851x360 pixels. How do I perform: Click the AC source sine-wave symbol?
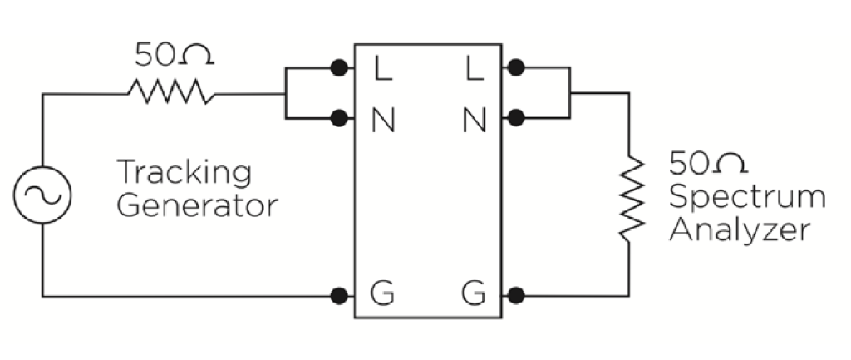[42, 194]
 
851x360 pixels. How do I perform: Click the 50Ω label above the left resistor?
[175, 55]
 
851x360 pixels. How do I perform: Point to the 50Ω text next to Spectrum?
[702, 163]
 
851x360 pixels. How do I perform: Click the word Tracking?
[184, 174]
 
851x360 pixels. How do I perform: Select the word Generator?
[197, 205]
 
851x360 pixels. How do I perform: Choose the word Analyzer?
[739, 230]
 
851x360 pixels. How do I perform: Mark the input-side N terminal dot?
[338, 118]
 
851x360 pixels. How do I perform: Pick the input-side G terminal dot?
[338, 295]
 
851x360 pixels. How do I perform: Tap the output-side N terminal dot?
[516, 118]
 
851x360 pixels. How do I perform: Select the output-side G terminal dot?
[516, 295]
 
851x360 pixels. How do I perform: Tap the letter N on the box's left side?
[382, 121]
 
